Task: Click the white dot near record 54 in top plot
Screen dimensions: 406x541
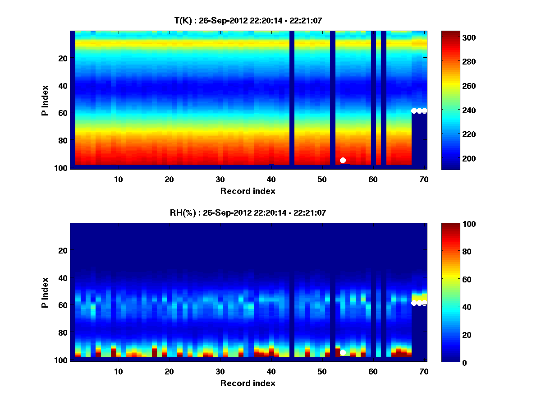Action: [x=343, y=160]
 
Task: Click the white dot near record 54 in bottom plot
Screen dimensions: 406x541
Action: [x=343, y=352]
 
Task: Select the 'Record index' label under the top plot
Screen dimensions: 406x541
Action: [x=248, y=191]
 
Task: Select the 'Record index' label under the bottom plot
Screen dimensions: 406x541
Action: [x=248, y=383]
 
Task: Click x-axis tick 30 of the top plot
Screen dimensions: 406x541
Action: [x=220, y=179]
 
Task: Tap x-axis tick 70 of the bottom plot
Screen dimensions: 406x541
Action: [x=424, y=371]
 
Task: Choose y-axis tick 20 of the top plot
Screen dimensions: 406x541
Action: [x=63, y=58]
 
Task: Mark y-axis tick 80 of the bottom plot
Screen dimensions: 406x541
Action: [x=63, y=333]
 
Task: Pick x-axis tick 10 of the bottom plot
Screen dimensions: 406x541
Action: [x=118, y=371]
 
